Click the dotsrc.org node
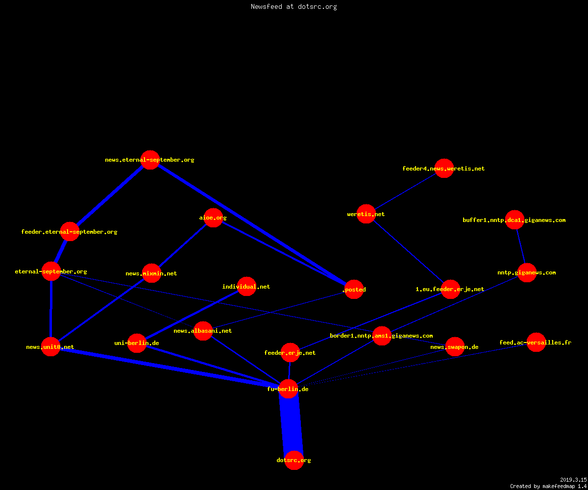pos(294,460)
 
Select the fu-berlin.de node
pos(289,389)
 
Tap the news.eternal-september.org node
pos(150,160)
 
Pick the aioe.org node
pos(213,218)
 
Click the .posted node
pos(354,289)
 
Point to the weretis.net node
pos(366,214)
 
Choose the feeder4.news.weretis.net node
pos(444,169)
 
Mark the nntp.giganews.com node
pos(527,272)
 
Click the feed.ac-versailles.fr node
pos(536,343)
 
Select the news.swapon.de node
pos(455,346)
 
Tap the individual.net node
pos(246,286)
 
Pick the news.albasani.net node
pos(203,331)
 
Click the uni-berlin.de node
pos(137,343)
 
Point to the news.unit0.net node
pos(50,346)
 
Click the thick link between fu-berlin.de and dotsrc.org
pos(291,425)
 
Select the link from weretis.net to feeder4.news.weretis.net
pos(405,191)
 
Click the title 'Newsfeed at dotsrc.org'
pos(294,6)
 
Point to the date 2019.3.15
pos(573,480)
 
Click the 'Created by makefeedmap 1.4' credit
pos(548,487)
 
